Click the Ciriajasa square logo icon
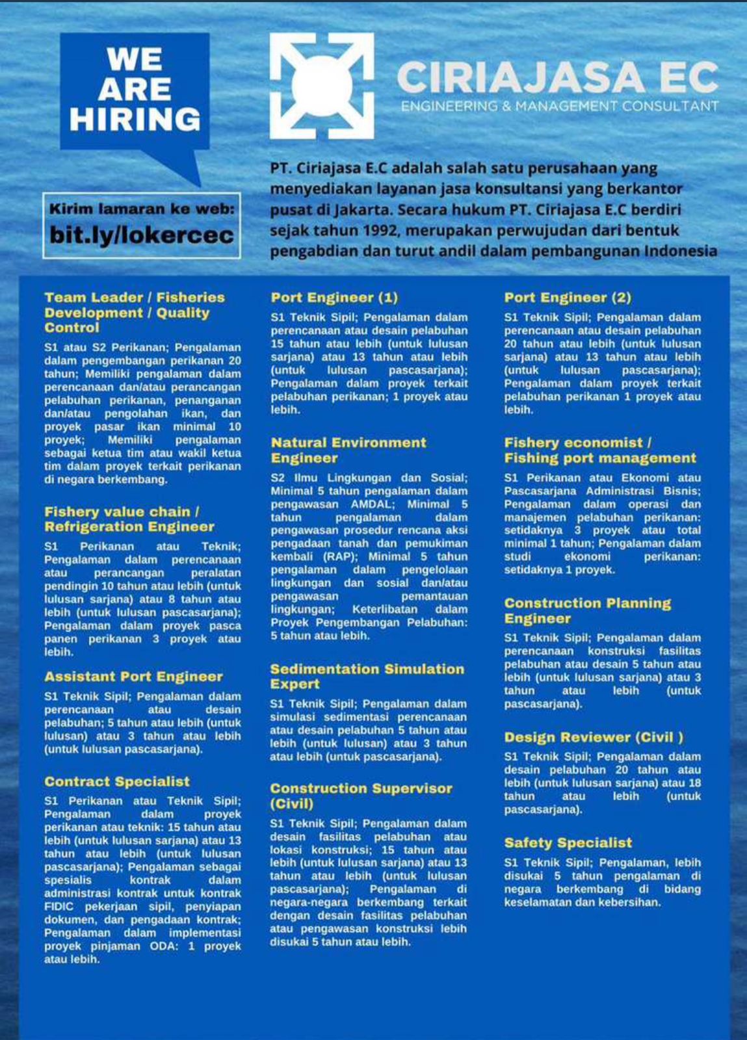322,86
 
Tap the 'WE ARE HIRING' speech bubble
135,90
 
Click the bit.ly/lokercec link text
142,235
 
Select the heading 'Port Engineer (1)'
334,298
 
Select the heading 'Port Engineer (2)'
568,298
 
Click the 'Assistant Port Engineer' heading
133,677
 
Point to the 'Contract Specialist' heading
117,781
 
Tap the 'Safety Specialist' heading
568,843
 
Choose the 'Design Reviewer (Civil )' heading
594,737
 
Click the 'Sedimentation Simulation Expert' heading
367,676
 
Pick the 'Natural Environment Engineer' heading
348,450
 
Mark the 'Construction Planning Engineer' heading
587,610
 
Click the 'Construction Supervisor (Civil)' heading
361,796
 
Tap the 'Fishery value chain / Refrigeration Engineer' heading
129,519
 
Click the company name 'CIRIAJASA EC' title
557,77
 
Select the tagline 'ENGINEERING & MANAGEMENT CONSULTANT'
559,106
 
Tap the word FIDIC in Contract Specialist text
59,907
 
